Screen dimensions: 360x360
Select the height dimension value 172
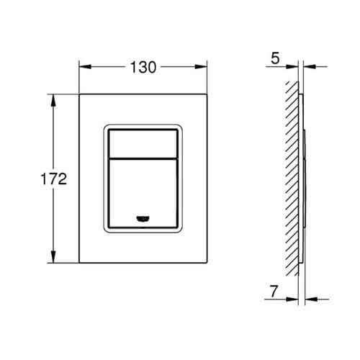[x=53, y=179]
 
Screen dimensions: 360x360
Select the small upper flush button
[x=143, y=141]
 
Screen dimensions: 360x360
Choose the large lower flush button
[x=143, y=191]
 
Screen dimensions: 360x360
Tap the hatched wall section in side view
[x=292, y=180]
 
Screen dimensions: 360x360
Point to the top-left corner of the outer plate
[x=78, y=94]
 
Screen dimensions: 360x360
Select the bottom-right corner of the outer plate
[x=209, y=265]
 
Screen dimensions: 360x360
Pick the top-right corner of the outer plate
[x=209, y=94]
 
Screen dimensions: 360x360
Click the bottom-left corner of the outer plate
[x=78, y=265]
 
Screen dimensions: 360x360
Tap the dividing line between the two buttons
[x=143, y=156]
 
